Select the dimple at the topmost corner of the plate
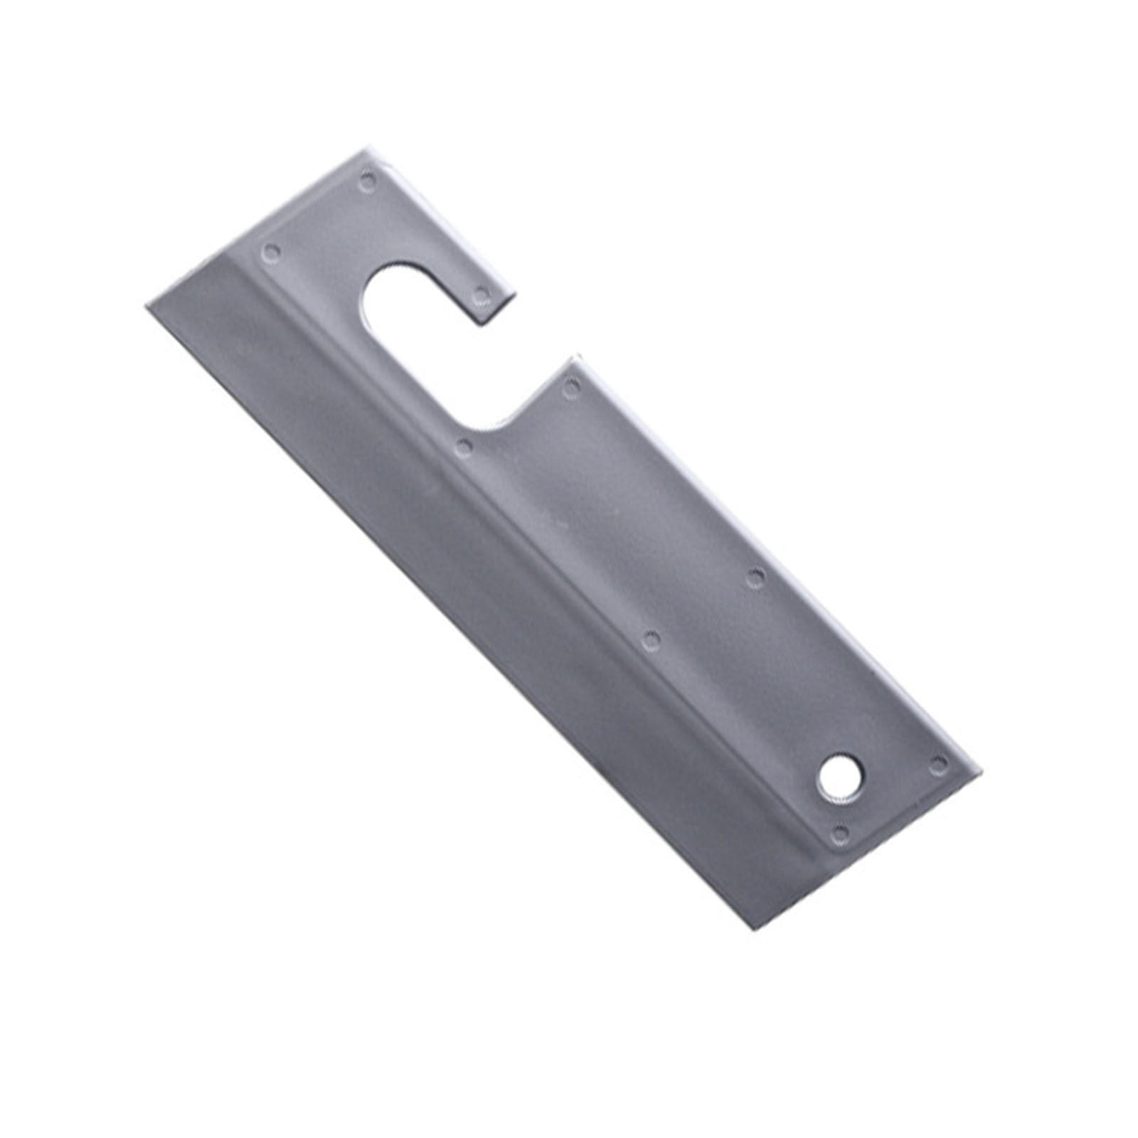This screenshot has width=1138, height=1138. click(x=367, y=180)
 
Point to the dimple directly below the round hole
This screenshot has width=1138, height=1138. click(x=840, y=833)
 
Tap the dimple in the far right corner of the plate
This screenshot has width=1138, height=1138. click(x=939, y=765)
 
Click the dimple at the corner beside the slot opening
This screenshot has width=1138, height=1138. click(x=571, y=387)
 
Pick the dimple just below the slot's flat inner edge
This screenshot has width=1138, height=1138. click(x=464, y=447)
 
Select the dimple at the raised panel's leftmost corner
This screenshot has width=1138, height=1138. click(x=271, y=251)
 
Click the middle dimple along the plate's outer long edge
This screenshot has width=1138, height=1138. click(x=755, y=576)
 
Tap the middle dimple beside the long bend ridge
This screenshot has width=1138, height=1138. click(x=650, y=641)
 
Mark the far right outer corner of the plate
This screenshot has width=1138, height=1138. click(x=977, y=772)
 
